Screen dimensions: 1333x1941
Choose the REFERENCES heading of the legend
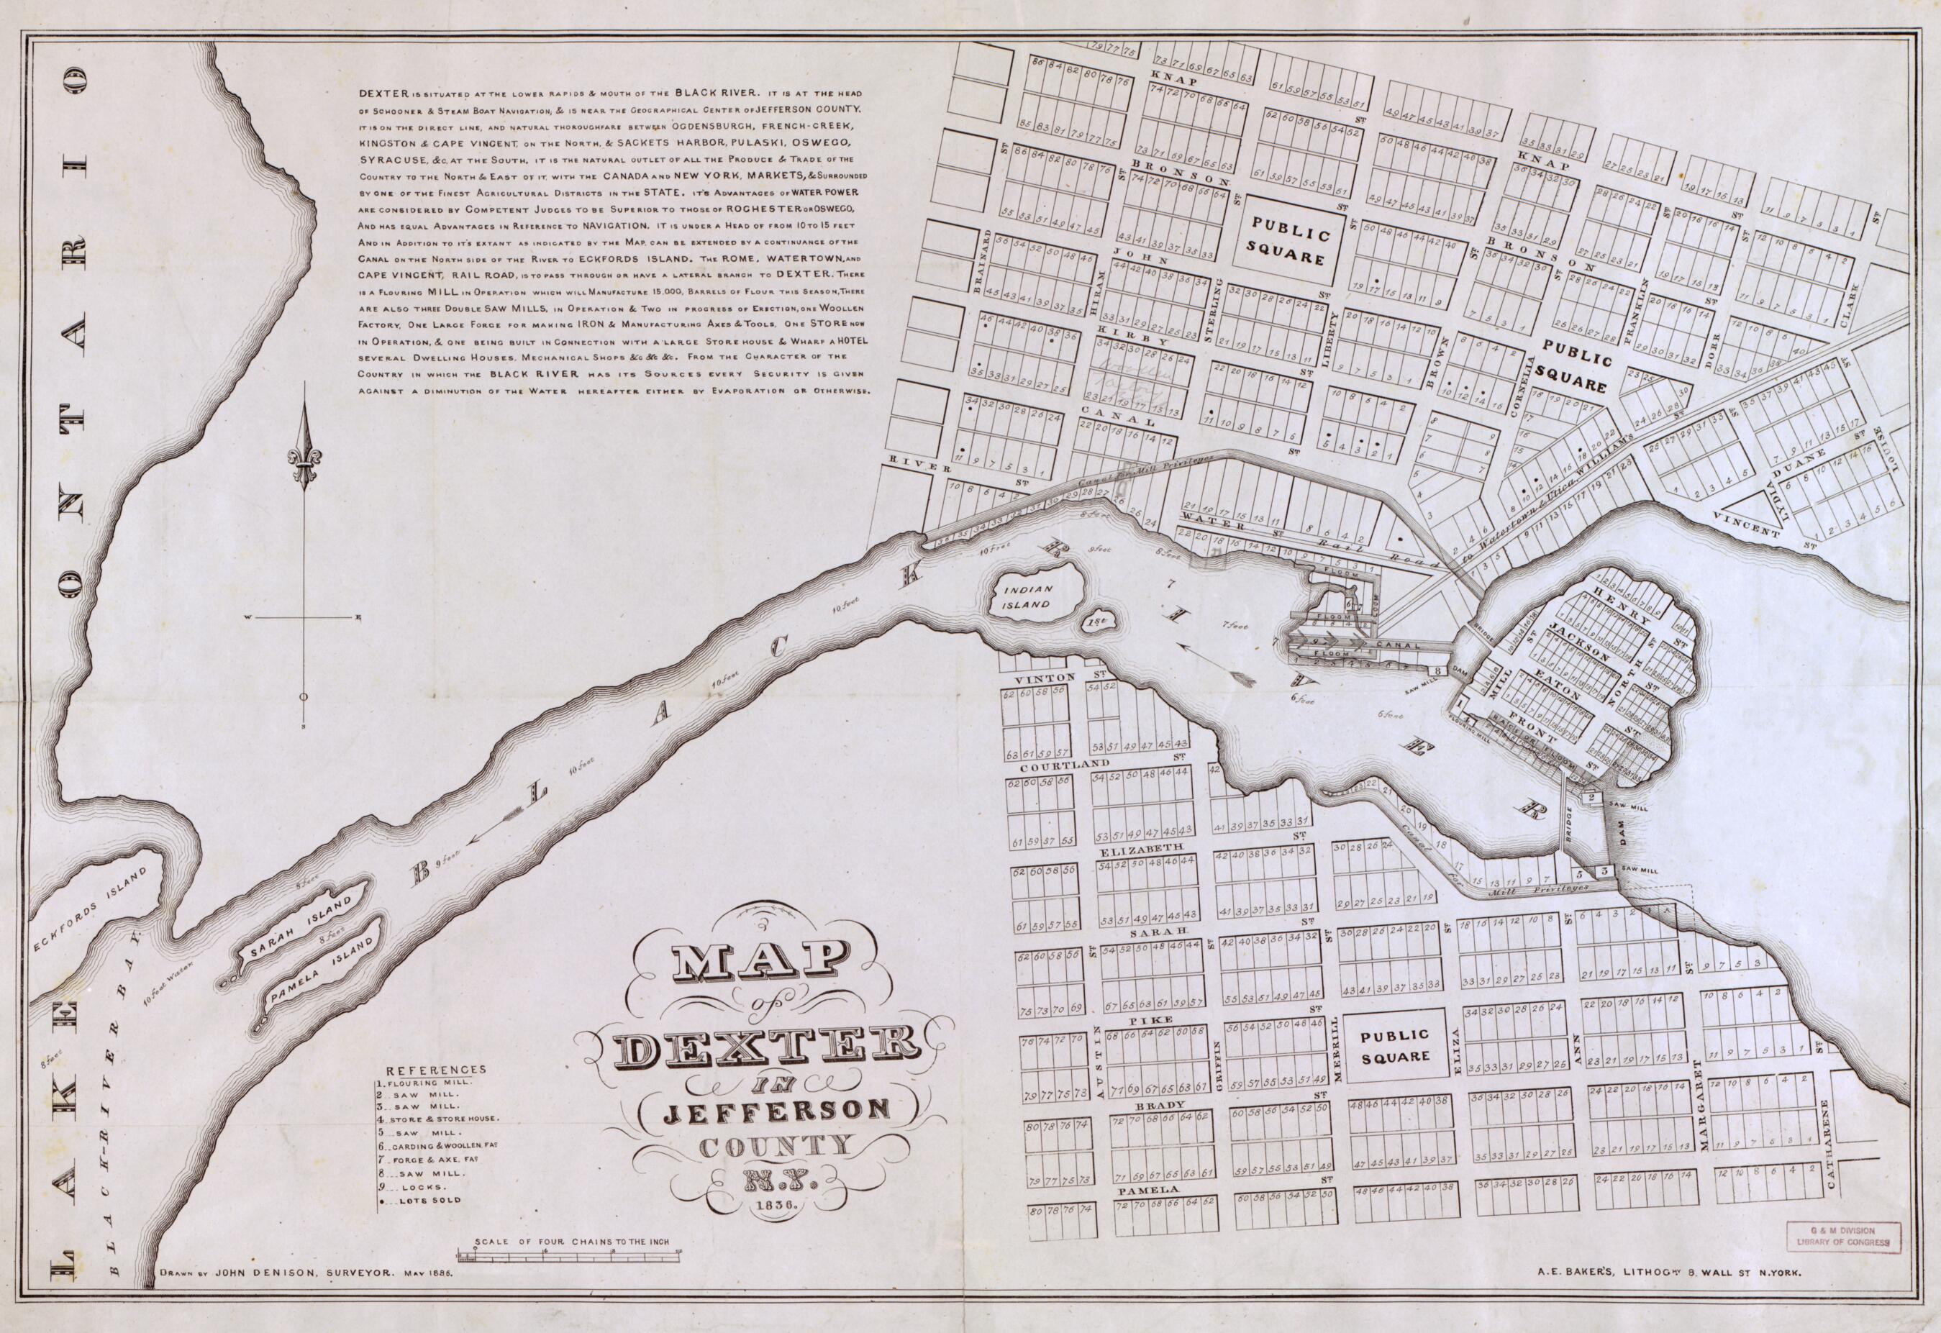[x=435, y=1069]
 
